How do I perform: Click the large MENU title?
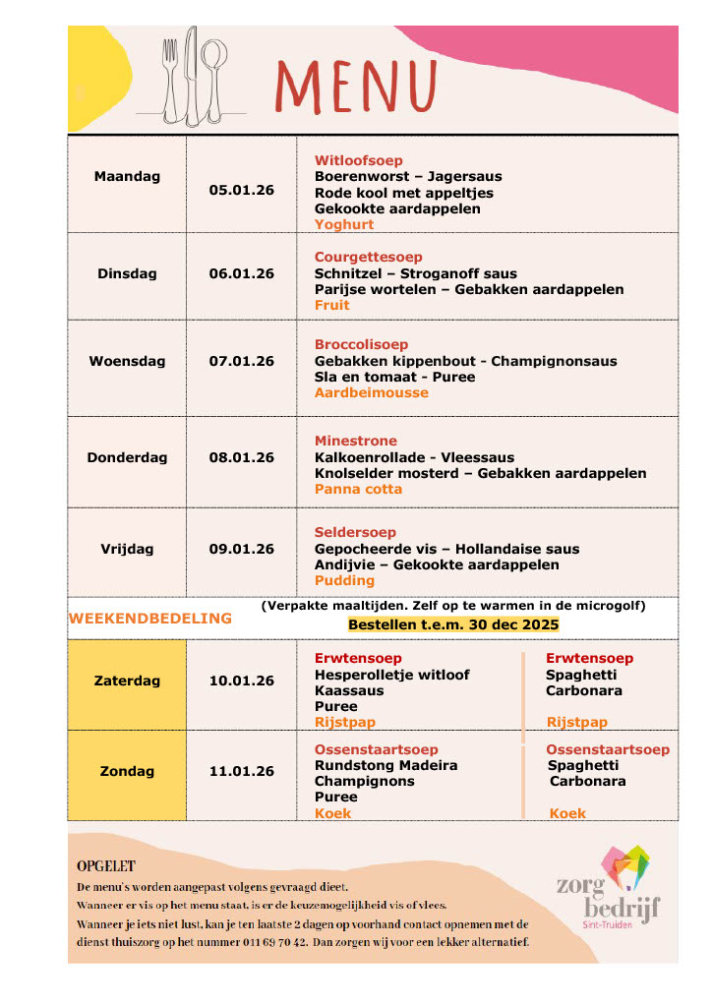(357, 86)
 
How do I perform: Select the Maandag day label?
(127, 177)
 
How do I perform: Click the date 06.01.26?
(241, 273)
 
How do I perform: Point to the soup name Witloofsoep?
(358, 160)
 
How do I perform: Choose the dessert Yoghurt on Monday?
(344, 224)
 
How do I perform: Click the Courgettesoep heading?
(368, 258)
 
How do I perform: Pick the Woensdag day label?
(127, 361)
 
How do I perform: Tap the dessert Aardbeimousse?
(371, 392)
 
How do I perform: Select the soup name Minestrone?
(355, 441)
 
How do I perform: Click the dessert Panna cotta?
(358, 489)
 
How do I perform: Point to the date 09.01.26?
(241, 549)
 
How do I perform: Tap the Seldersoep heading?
(355, 533)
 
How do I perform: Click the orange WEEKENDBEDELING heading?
(150, 619)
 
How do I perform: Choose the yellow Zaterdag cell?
(127, 681)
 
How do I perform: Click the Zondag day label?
(127, 771)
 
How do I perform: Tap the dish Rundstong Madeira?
(386, 765)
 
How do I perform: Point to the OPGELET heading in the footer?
(106, 866)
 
